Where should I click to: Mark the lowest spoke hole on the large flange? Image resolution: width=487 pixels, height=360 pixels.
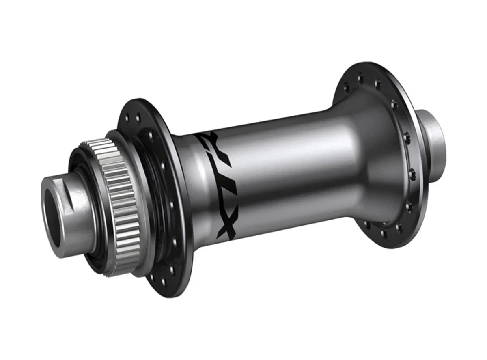tap(384, 235)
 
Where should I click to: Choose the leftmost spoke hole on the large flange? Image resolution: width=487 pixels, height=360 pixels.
tap(346, 86)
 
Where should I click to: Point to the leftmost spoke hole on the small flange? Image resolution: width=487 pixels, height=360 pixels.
tap(129, 118)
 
